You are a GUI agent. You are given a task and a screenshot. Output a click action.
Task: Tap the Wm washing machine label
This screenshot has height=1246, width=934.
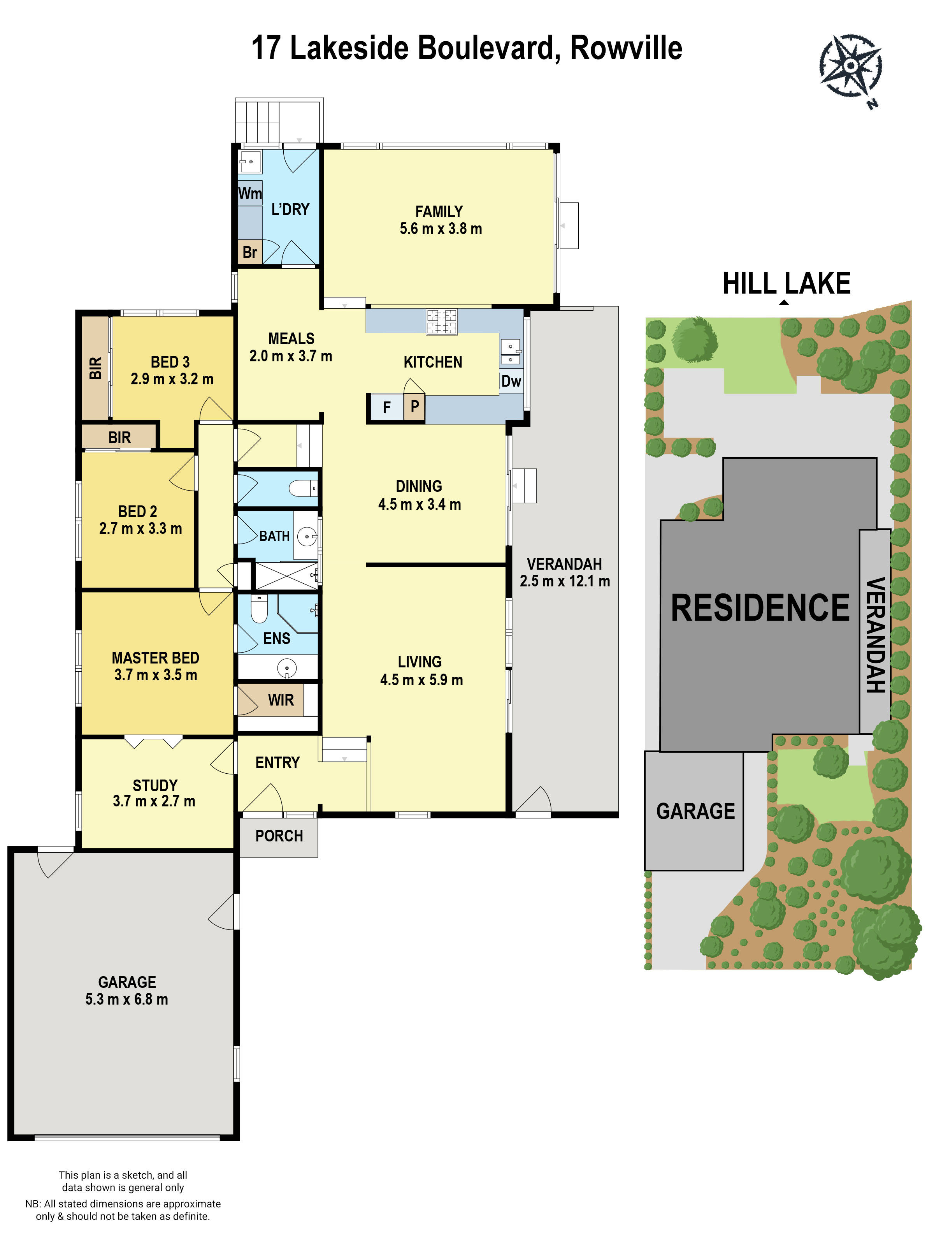click(249, 193)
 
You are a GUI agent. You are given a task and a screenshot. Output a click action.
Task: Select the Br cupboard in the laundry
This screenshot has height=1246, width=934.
click(249, 252)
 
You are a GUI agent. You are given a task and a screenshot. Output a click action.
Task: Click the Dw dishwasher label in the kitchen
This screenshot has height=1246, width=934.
click(511, 381)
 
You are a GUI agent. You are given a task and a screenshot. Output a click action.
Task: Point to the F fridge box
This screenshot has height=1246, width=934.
click(386, 407)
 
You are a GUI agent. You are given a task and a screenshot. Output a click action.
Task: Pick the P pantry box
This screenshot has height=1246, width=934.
click(414, 406)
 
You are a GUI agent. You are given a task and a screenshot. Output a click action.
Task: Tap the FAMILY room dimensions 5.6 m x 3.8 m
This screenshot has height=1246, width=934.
click(440, 229)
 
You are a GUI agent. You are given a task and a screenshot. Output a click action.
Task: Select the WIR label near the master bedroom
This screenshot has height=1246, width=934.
click(280, 700)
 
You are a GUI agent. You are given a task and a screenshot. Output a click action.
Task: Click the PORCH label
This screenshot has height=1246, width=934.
click(279, 836)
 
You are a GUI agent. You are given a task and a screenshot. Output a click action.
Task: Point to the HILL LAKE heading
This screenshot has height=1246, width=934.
click(786, 283)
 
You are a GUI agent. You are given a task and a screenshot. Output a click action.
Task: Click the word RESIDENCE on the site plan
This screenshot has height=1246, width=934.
click(760, 608)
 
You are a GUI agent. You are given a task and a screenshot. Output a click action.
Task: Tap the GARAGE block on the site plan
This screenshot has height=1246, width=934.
click(695, 811)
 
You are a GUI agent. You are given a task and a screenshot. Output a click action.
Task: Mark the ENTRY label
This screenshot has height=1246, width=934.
click(277, 763)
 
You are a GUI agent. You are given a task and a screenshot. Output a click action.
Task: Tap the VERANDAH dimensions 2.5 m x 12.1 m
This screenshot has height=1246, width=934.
click(564, 581)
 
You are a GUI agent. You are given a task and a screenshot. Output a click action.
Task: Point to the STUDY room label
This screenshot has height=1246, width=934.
click(155, 785)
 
